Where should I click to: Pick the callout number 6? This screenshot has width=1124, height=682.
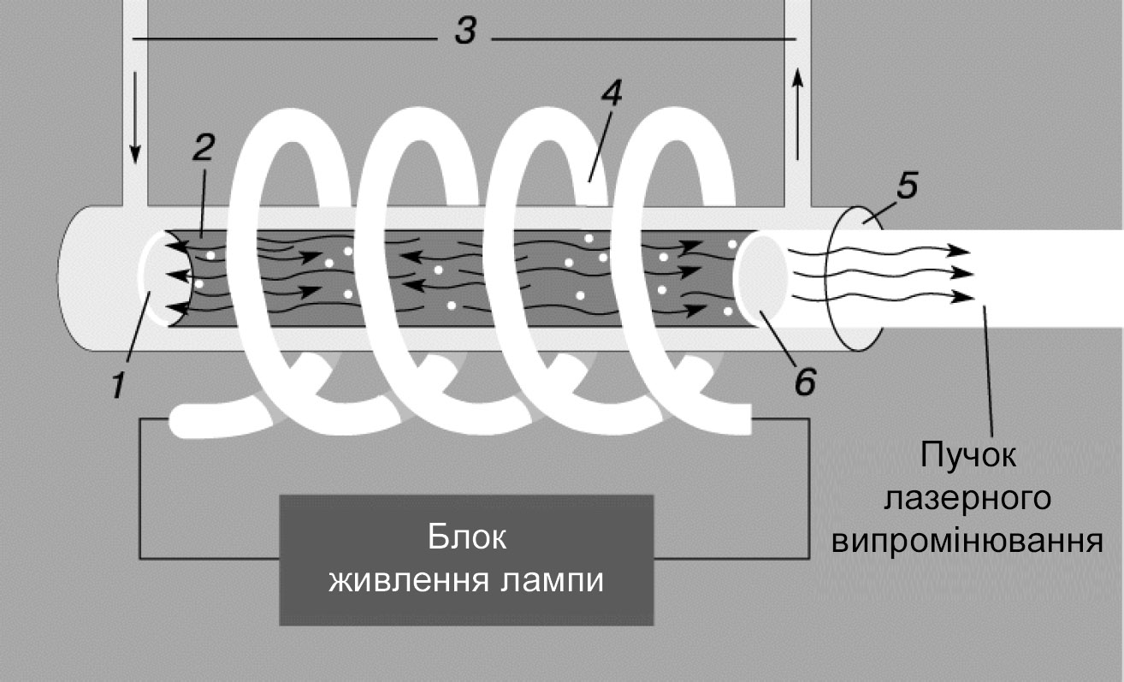click(803, 378)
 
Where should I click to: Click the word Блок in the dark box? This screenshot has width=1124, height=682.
click(466, 539)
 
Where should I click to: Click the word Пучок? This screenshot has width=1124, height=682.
click(968, 455)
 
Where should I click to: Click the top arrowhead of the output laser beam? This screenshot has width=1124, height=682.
click(962, 251)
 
